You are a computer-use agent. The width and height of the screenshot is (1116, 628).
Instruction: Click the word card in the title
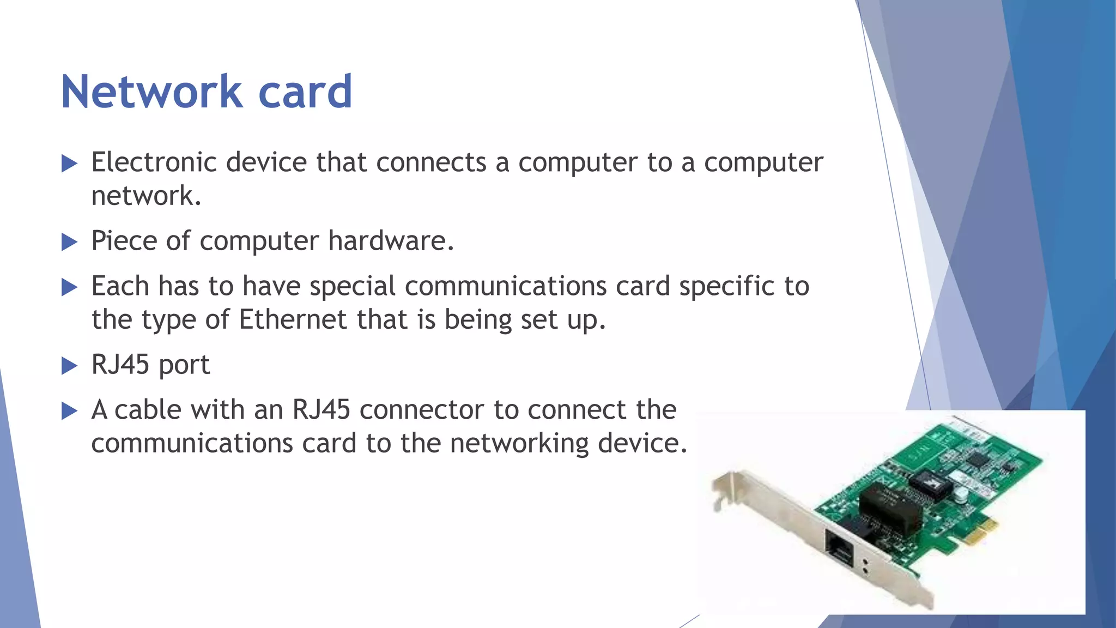[x=305, y=92]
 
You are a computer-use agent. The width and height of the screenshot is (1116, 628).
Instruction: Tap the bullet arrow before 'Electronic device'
[x=69, y=163]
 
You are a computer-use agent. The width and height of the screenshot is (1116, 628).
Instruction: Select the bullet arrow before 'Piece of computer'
[x=69, y=241]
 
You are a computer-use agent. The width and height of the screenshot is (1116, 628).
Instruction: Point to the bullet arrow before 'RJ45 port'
[x=69, y=365]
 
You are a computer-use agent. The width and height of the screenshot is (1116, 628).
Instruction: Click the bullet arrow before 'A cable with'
[x=69, y=410]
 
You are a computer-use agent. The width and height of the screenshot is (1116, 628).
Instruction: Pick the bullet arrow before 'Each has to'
[x=69, y=287]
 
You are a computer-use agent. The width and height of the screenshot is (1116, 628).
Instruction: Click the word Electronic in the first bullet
[x=154, y=162]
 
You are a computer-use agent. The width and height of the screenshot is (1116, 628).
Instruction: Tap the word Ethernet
[x=293, y=319]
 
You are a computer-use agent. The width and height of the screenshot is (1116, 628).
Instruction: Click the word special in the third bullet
[x=353, y=287]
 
